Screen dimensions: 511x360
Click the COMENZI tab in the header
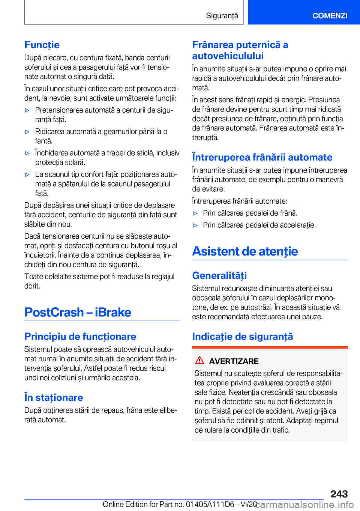tap(330, 15)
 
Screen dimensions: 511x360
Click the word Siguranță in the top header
tap(222, 15)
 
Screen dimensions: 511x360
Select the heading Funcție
tap(42, 45)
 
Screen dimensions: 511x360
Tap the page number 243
tap(339, 494)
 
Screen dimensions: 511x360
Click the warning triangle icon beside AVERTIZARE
tap(199, 360)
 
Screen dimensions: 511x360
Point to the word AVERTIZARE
tap(234, 361)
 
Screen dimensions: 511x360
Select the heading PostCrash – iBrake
tap(78, 312)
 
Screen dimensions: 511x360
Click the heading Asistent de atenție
tap(245, 251)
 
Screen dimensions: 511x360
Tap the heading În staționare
tap(54, 397)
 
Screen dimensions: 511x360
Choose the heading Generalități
tap(219, 275)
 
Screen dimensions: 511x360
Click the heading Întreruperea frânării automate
tap(262, 157)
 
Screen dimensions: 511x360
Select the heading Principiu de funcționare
tap(80, 336)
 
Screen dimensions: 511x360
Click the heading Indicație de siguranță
tap(242, 336)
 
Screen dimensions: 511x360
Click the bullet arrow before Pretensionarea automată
tap(27, 110)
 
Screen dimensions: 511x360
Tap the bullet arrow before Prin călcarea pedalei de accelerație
tap(195, 225)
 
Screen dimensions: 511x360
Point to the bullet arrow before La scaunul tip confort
tap(27, 174)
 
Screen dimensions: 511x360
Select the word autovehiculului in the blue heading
tap(228, 56)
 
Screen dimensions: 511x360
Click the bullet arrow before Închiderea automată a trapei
tap(27, 153)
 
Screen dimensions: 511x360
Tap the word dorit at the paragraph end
tap(32, 286)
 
